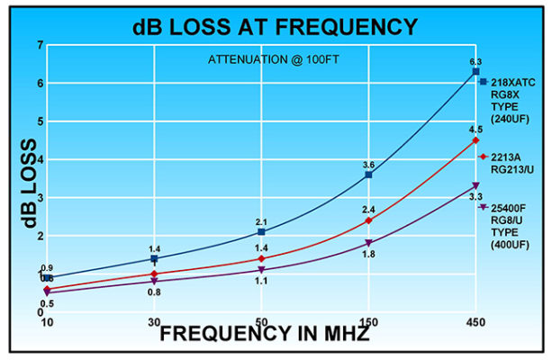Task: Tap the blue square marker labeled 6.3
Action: [475, 71]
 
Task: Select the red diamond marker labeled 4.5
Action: [475, 140]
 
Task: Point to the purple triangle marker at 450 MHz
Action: [475, 186]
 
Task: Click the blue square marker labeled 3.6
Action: [368, 175]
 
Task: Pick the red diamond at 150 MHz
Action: [368, 220]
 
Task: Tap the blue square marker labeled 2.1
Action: [261, 232]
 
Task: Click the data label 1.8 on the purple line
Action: [368, 255]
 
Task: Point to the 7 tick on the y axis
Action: [40, 45]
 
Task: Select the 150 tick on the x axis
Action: [368, 322]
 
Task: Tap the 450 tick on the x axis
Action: [475, 322]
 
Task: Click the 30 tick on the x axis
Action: [154, 322]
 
